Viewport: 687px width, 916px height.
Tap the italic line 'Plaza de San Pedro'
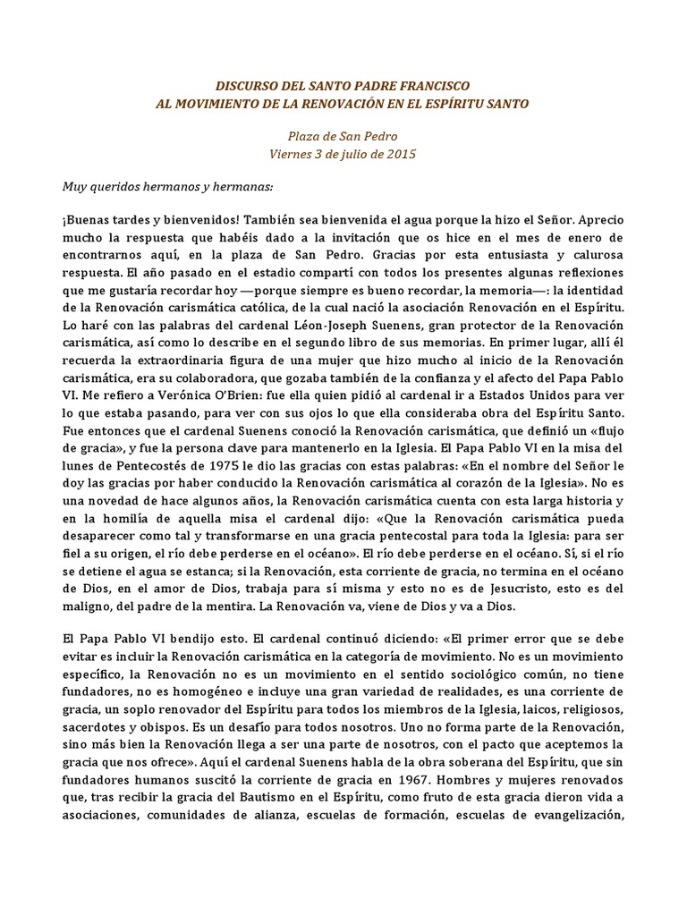tap(343, 137)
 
